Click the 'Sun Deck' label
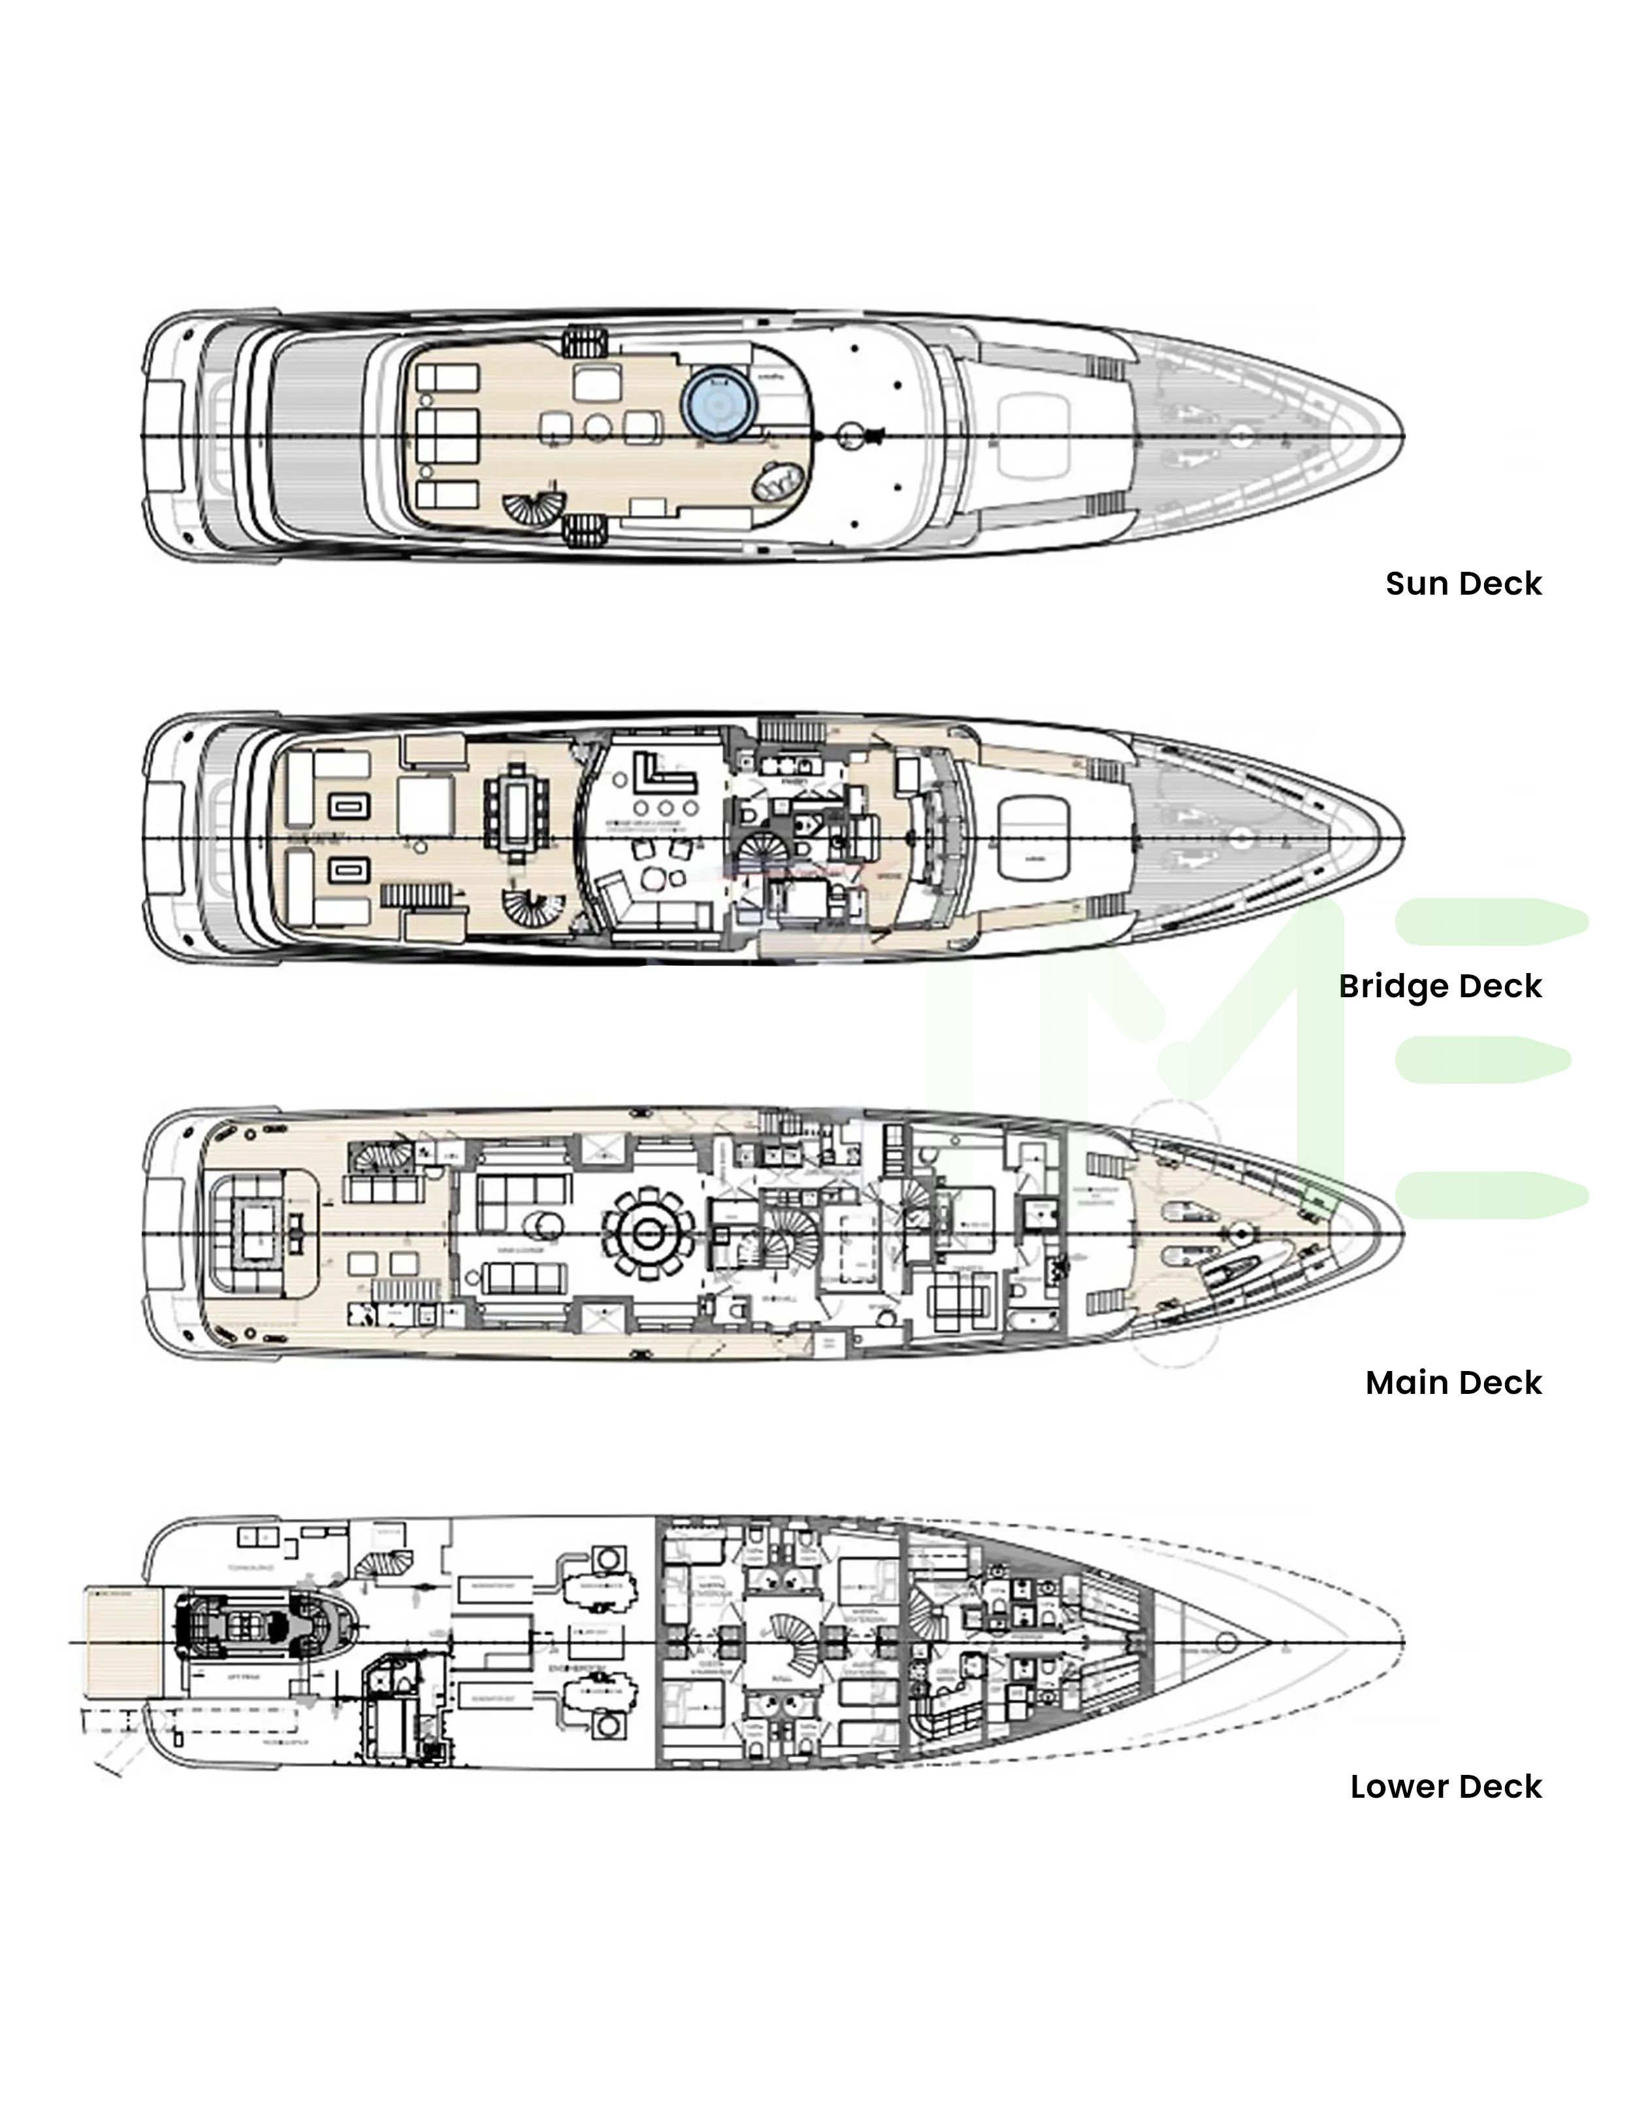[x=1463, y=584]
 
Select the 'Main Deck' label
[x=1453, y=1383]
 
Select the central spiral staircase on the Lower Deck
[x=792, y=1638]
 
